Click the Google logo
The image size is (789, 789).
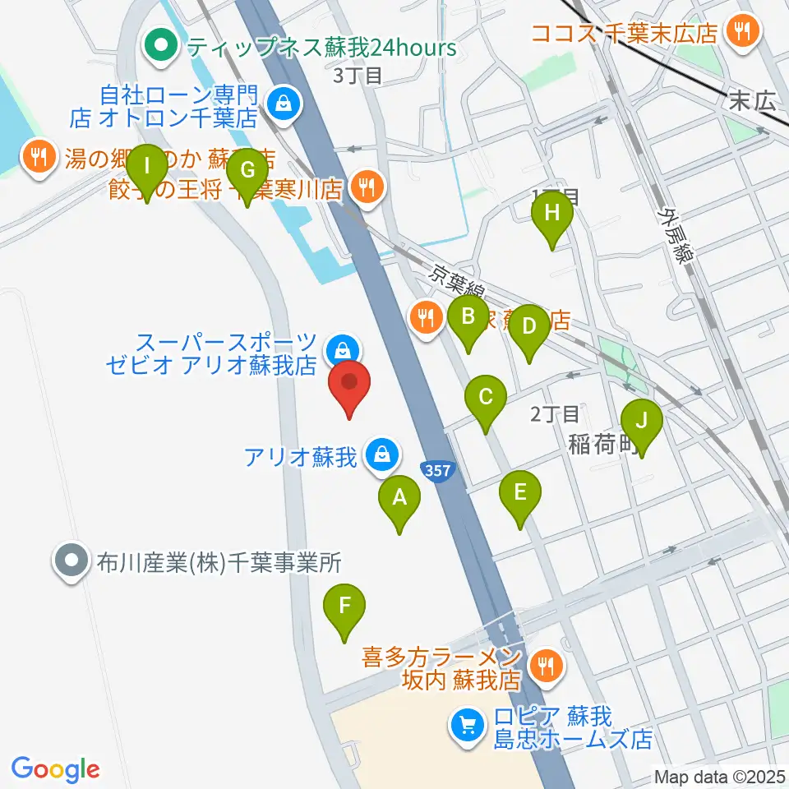[x=55, y=769]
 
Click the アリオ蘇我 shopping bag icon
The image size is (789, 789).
[x=381, y=454]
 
